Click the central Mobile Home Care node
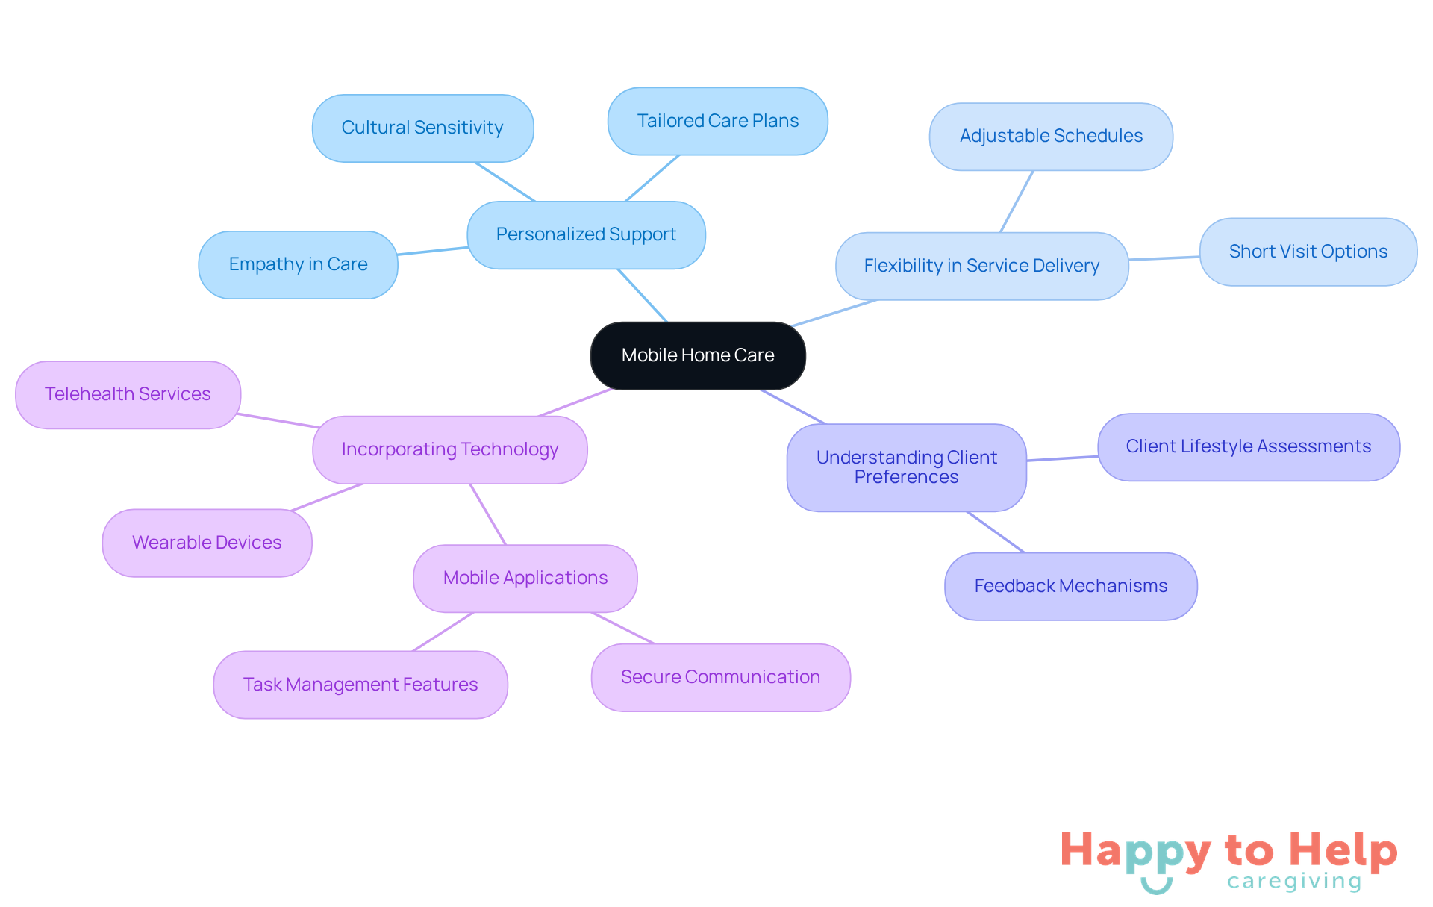pyautogui.click(x=698, y=355)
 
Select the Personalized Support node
pyautogui.click(x=586, y=234)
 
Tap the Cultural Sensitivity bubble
pyautogui.click(x=422, y=128)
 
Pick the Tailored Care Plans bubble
pyautogui.click(x=717, y=121)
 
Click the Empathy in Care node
pyautogui.click(x=298, y=264)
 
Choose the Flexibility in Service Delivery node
pyautogui.click(x=981, y=266)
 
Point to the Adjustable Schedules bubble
pyautogui.click(x=1051, y=136)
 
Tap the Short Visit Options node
pyautogui.click(x=1308, y=252)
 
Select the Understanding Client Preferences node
pyautogui.click(x=906, y=467)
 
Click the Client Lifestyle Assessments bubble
pyautogui.click(x=1248, y=446)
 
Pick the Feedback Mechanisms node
pyautogui.click(x=1070, y=586)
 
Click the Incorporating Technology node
pyautogui.click(x=449, y=449)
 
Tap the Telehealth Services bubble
pyautogui.click(x=128, y=394)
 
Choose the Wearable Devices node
pyautogui.click(x=207, y=543)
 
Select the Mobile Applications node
pyautogui.click(x=525, y=578)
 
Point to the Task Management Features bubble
pyautogui.click(x=360, y=685)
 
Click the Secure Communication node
pyautogui.click(x=720, y=677)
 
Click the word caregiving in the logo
pyautogui.click(x=1294, y=882)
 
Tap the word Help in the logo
pyautogui.click(x=1343, y=850)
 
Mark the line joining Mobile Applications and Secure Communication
pyautogui.click(x=623, y=628)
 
